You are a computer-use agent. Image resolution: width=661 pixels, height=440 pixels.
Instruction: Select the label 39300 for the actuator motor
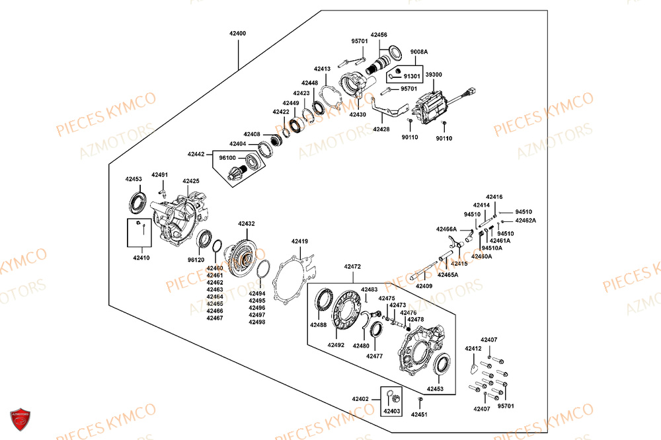pyautogui.click(x=434, y=75)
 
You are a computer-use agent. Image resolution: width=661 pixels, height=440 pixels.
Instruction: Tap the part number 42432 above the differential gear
pyautogui.click(x=247, y=224)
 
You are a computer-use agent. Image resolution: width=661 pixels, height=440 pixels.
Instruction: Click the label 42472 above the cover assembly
pyautogui.click(x=352, y=267)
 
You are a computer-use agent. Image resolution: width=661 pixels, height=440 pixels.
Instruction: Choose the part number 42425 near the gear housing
pyautogui.click(x=191, y=181)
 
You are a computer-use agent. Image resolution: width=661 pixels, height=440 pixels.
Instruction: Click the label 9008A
pyautogui.click(x=419, y=52)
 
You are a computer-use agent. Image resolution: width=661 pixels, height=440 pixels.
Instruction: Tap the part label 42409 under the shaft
pyautogui.click(x=424, y=286)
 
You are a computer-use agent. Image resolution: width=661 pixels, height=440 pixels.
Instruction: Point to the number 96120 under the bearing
pyautogui.click(x=196, y=260)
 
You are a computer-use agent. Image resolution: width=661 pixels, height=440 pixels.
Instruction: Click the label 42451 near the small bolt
pyautogui.click(x=420, y=414)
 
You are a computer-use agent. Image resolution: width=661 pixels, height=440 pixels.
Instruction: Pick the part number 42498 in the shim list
pyautogui.click(x=257, y=322)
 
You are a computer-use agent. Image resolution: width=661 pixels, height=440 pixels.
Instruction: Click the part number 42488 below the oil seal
pyautogui.click(x=318, y=325)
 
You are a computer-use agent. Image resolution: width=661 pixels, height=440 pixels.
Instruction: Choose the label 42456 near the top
pyautogui.click(x=379, y=34)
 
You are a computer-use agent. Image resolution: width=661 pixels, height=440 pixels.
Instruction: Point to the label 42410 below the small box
pyautogui.click(x=141, y=258)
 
